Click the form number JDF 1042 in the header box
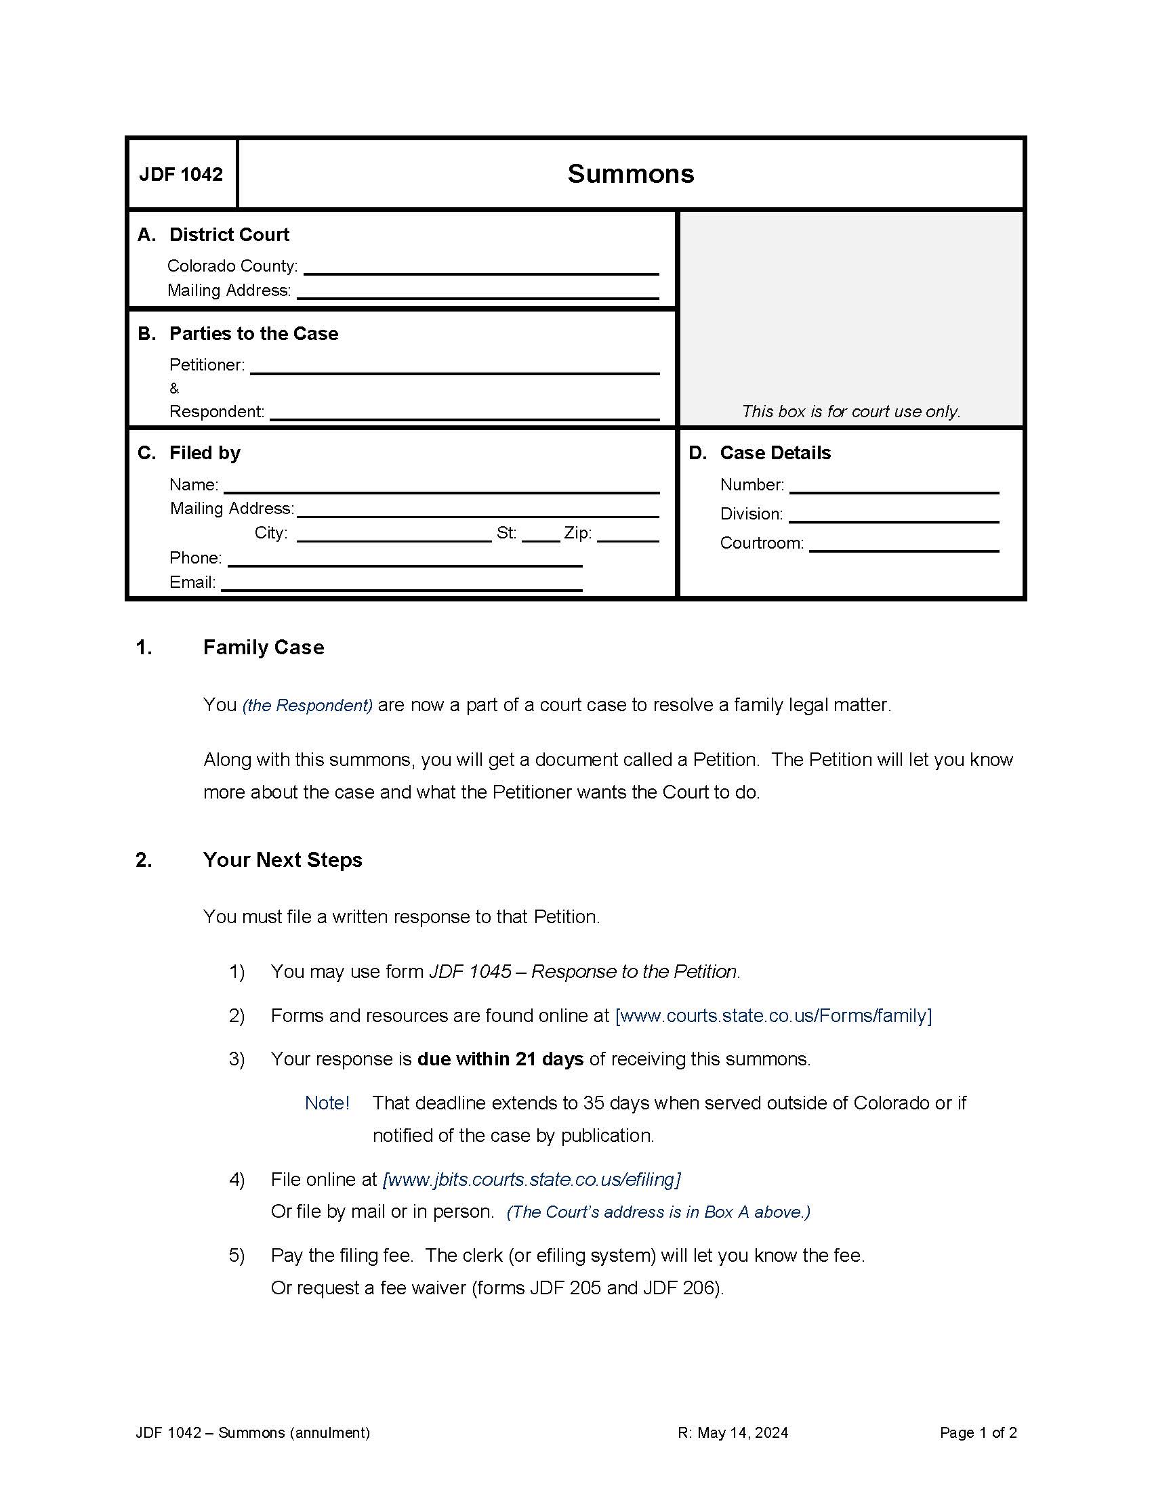tap(181, 175)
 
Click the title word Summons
tap(631, 174)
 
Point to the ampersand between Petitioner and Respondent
tap(174, 389)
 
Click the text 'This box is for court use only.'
tap(850, 411)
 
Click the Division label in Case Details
tap(751, 514)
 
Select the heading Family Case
tap(264, 647)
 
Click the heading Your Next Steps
tap(283, 859)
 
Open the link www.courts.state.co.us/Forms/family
tap(773, 1015)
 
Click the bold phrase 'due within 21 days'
tap(500, 1059)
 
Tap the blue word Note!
tap(327, 1103)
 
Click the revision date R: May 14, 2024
tap(733, 1432)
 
